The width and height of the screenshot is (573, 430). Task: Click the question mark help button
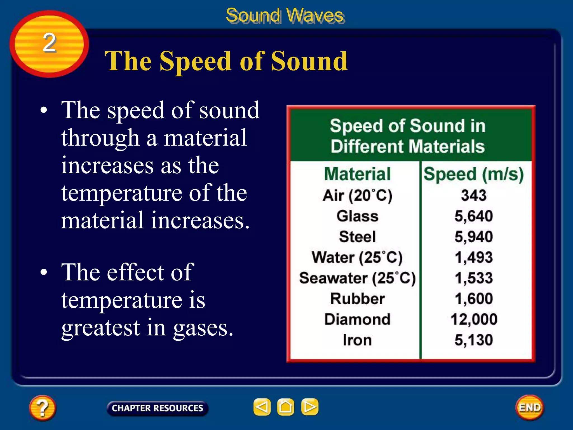42,408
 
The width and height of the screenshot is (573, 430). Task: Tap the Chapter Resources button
157,408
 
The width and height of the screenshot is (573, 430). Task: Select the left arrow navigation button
262,407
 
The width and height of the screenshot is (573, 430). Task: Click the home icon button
285,407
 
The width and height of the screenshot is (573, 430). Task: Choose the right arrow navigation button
310,407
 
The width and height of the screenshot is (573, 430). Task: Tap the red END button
530,407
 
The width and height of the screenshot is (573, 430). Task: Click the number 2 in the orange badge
50,43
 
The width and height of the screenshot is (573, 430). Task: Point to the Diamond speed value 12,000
474,319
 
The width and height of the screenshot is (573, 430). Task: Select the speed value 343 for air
474,195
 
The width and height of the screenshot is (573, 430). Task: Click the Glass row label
357,216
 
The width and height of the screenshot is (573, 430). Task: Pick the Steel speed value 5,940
474,237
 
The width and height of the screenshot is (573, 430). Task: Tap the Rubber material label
357,299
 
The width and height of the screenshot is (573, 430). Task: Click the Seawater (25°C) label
357,278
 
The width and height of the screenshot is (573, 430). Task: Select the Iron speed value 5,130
474,340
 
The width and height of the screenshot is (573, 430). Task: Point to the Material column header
357,174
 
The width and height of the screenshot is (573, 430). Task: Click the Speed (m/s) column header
474,174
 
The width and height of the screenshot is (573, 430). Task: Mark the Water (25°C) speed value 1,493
474,257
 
